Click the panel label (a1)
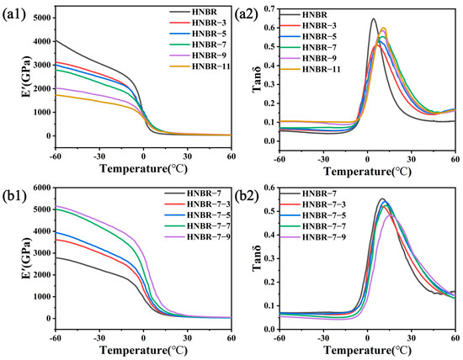[x=15, y=10]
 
